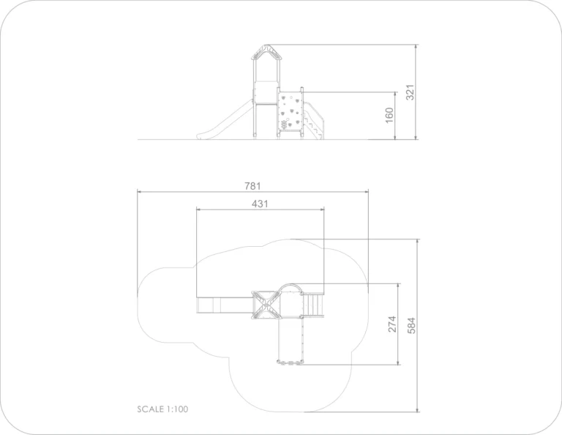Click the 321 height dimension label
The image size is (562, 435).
click(410, 92)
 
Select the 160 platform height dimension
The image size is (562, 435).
click(389, 115)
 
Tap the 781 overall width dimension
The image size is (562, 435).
click(252, 186)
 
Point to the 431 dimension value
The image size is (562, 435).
click(260, 204)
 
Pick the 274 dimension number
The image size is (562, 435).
click(392, 324)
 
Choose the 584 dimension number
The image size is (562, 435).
click(411, 325)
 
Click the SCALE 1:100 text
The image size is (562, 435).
click(162, 409)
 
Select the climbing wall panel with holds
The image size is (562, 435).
click(290, 111)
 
